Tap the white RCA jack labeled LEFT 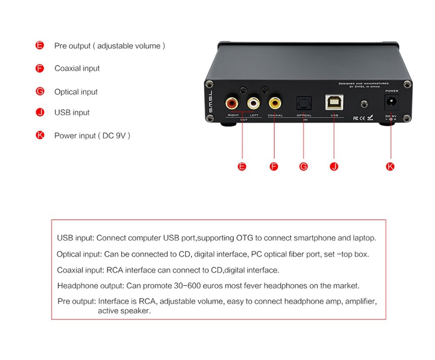pos(253,104)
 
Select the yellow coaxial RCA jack pos(274,104)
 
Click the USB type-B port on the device pos(334,103)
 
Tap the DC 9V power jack pos(391,104)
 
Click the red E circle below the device pos(242,166)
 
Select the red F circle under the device pos(274,166)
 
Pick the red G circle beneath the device pos(303,166)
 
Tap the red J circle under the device pos(334,166)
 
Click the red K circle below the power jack pos(390,166)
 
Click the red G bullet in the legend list pos(40,92)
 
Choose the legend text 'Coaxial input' pos(77,68)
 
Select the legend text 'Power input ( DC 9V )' pos(92,136)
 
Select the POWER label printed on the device pos(391,91)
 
